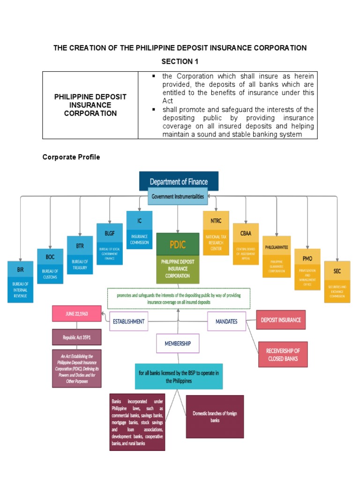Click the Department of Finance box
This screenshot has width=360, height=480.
click(x=179, y=181)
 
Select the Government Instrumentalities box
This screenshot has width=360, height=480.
click(x=178, y=197)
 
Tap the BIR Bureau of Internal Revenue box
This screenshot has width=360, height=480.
click(x=20, y=282)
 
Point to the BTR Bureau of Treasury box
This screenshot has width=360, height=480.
click(x=80, y=255)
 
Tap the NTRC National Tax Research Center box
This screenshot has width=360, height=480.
click(x=216, y=233)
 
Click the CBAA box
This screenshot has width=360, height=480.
click(x=246, y=244)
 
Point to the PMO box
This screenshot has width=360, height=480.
click(x=307, y=270)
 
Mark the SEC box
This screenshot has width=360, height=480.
click(x=337, y=281)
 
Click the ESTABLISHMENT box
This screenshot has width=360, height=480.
click(x=128, y=322)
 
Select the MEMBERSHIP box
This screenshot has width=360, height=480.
click(x=178, y=343)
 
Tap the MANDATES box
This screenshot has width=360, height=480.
click(x=227, y=322)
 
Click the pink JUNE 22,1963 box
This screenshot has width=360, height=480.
click(x=76, y=314)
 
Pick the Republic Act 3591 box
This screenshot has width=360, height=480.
click(x=76, y=337)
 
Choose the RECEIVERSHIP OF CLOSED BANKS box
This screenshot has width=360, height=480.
click(x=283, y=354)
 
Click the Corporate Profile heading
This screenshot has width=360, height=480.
click(x=71, y=157)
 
